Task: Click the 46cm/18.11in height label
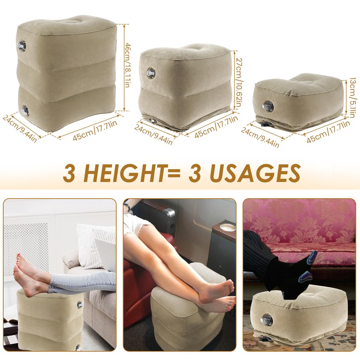pos(129,67)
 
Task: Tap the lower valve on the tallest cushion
pos(25,110)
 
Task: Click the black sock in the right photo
pos(295,278)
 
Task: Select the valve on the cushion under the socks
pos(267,321)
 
